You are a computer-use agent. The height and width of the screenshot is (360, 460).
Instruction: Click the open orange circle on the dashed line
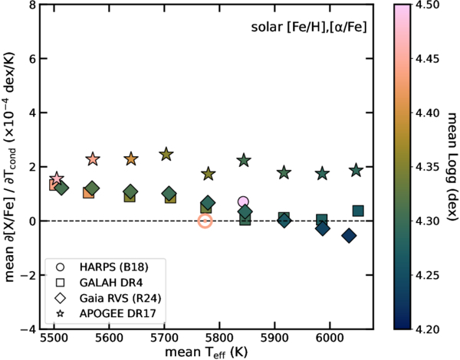205,221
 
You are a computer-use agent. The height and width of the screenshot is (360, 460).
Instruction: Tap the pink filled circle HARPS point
244,202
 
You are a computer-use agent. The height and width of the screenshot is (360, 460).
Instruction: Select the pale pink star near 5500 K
56,178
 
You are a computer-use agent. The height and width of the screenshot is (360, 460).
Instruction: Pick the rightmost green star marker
356,170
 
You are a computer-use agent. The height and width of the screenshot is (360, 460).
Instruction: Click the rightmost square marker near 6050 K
358,211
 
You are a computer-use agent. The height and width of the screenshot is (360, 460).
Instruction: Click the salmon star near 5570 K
93,159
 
